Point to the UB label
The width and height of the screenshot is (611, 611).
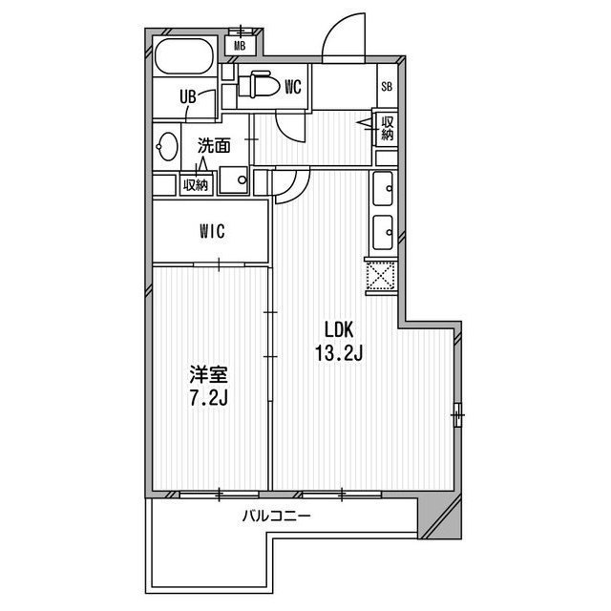coord(190,96)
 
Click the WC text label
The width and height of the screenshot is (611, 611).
coord(293,88)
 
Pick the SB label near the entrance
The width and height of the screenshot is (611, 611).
coord(387,88)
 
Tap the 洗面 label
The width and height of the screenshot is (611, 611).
coord(214,147)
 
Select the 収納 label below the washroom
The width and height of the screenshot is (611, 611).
coord(196,185)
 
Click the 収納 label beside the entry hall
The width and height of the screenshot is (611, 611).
coord(387,128)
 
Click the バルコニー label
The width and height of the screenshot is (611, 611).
coord(276,516)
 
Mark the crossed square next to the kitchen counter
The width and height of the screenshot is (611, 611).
coord(380,277)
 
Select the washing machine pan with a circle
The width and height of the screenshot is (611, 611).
coord(235,179)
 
